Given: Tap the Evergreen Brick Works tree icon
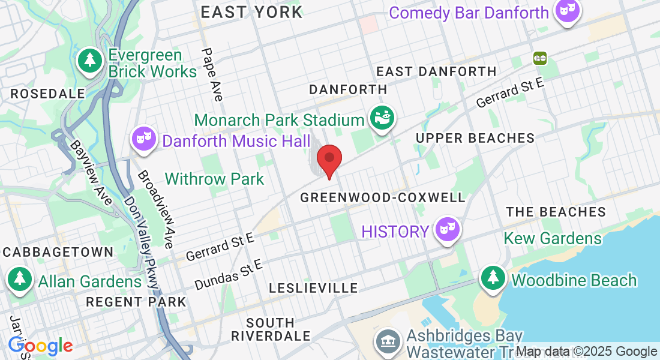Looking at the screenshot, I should pos(90,60).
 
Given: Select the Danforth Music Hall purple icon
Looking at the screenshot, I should pos(144,139).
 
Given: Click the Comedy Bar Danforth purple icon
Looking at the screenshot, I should pos(566,11).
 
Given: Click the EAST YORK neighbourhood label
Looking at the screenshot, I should pos(251,12).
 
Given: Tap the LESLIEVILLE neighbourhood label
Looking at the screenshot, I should pos(313,289).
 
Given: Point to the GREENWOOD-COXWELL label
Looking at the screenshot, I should pos(383,197).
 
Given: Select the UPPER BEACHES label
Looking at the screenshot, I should pos(475,138).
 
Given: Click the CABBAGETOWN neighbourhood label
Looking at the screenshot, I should pos(58,252).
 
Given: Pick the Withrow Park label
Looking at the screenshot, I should pos(214,179).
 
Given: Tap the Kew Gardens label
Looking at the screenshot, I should pos(553,238).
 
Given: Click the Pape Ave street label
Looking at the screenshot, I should pos(212,74).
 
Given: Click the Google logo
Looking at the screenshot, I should pos(40,346).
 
